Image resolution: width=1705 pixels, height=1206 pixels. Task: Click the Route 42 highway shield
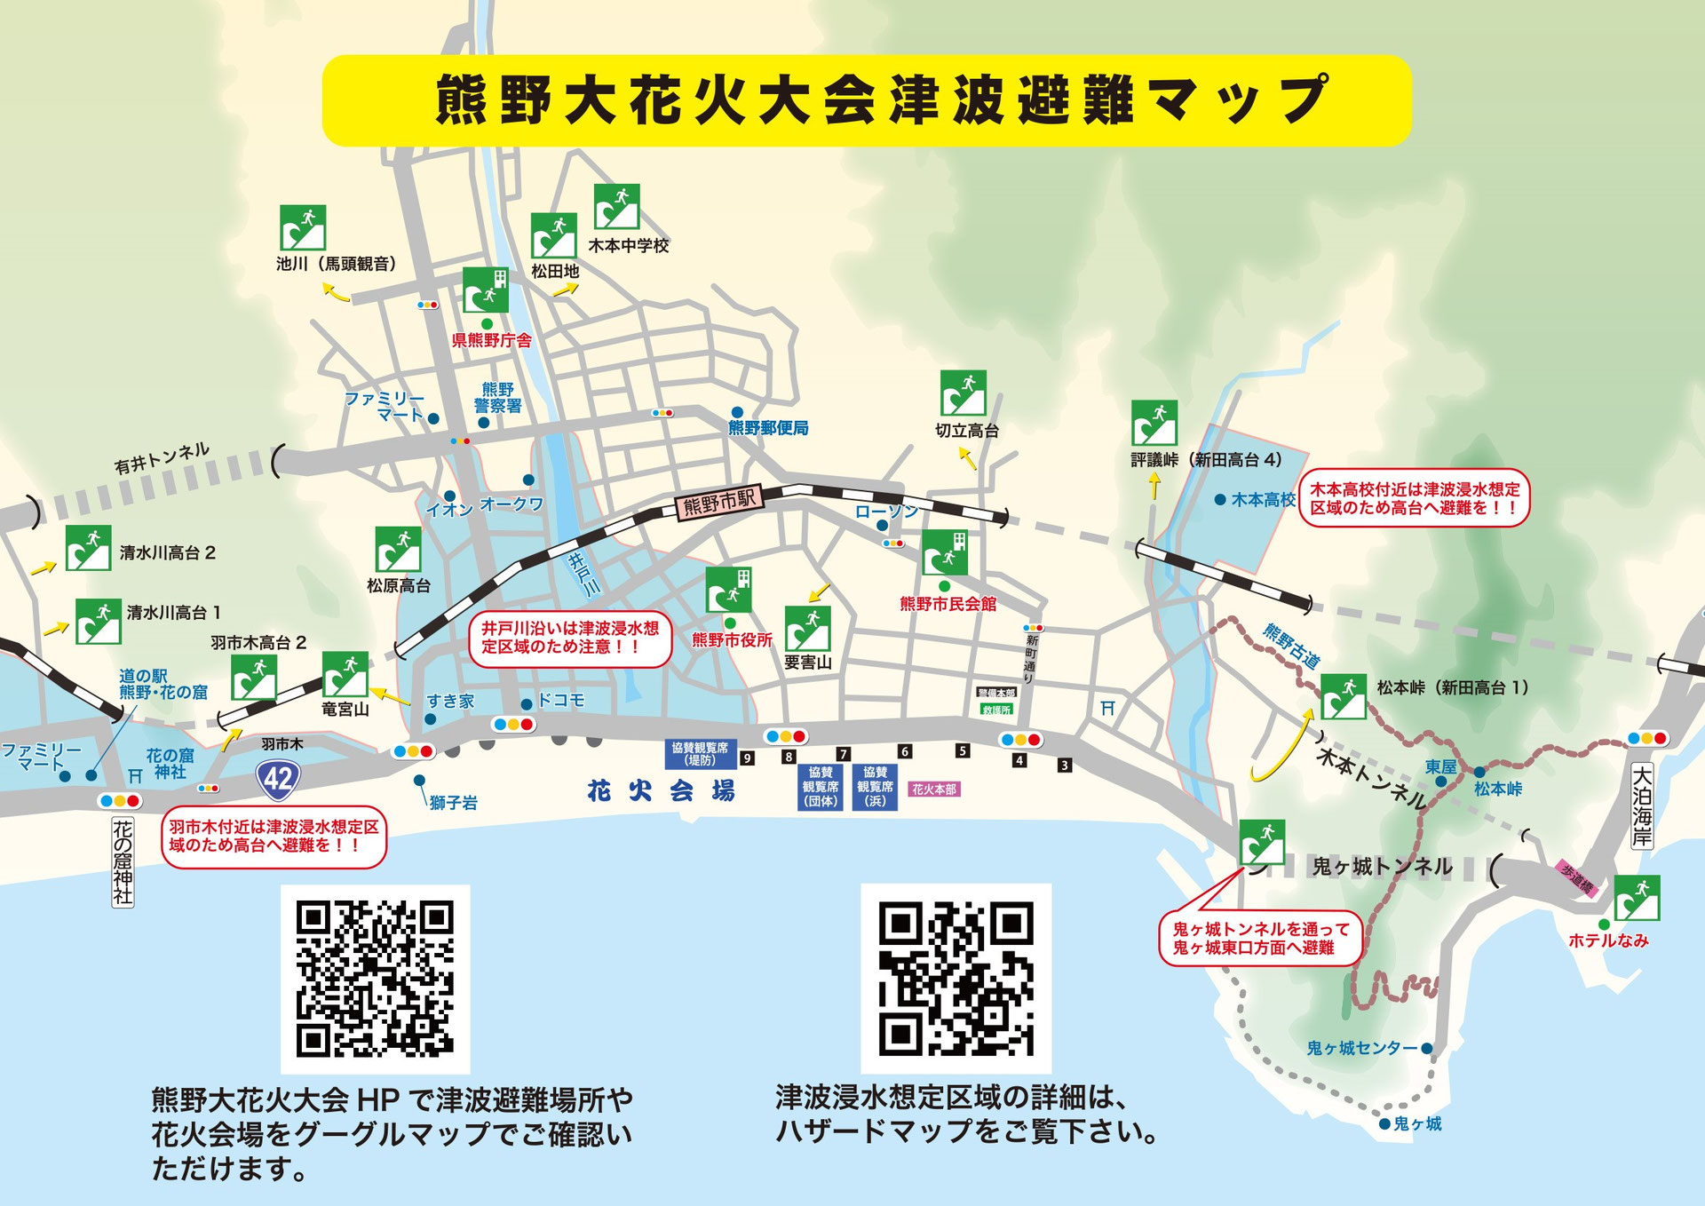[278, 780]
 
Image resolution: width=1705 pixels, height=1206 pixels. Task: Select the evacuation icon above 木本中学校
[616, 207]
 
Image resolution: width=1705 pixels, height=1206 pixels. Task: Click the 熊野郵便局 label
[768, 428]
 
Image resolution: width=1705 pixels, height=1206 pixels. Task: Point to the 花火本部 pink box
[934, 789]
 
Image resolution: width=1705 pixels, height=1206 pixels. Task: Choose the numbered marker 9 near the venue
[747, 758]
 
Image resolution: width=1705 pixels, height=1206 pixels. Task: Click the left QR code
[375, 979]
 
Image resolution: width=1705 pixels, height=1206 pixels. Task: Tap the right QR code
[956, 978]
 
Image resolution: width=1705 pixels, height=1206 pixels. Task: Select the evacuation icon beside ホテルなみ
[1637, 897]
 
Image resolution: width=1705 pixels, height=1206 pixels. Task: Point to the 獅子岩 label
[453, 803]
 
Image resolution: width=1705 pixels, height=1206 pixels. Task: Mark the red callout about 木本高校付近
[1415, 498]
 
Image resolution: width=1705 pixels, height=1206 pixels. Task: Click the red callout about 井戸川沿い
[570, 638]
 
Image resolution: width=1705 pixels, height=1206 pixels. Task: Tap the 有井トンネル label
[162, 457]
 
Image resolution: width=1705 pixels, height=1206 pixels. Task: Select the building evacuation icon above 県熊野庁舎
[485, 290]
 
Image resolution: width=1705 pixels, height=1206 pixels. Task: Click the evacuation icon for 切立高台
[963, 393]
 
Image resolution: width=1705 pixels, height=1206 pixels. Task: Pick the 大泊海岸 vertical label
[1642, 805]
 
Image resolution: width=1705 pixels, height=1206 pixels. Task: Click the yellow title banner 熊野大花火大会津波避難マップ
[866, 99]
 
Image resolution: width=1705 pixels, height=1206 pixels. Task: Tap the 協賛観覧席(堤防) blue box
[700, 754]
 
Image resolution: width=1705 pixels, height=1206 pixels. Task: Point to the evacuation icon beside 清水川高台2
[88, 547]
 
